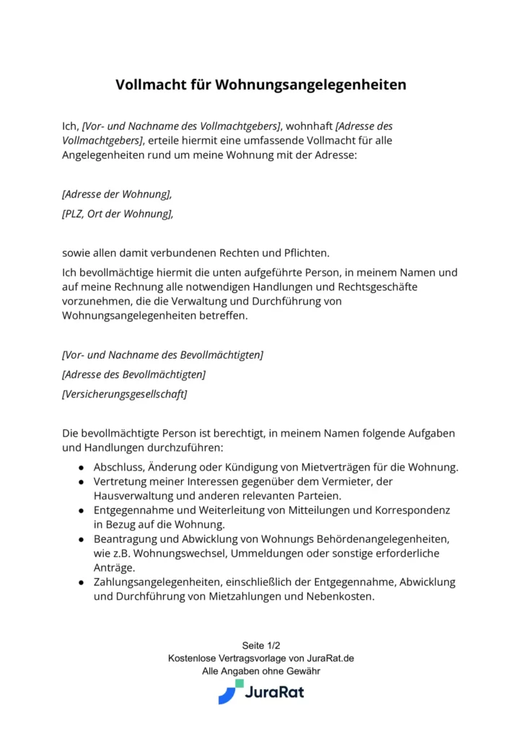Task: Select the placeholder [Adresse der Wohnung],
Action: tap(117, 194)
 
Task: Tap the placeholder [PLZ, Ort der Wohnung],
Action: tap(118, 214)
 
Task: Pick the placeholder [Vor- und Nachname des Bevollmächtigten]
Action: tap(162, 355)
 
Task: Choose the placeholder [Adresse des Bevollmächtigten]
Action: tap(133, 375)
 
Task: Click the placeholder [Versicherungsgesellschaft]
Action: tap(125, 394)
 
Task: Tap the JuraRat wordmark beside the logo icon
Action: tap(274, 693)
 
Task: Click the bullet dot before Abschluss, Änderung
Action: tap(82, 468)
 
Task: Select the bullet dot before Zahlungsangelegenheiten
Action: tap(82, 582)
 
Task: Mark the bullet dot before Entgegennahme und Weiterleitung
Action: tap(82, 510)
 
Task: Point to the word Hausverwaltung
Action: tap(134, 496)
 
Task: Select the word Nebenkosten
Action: tap(340, 597)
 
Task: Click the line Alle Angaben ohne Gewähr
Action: tap(260, 671)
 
